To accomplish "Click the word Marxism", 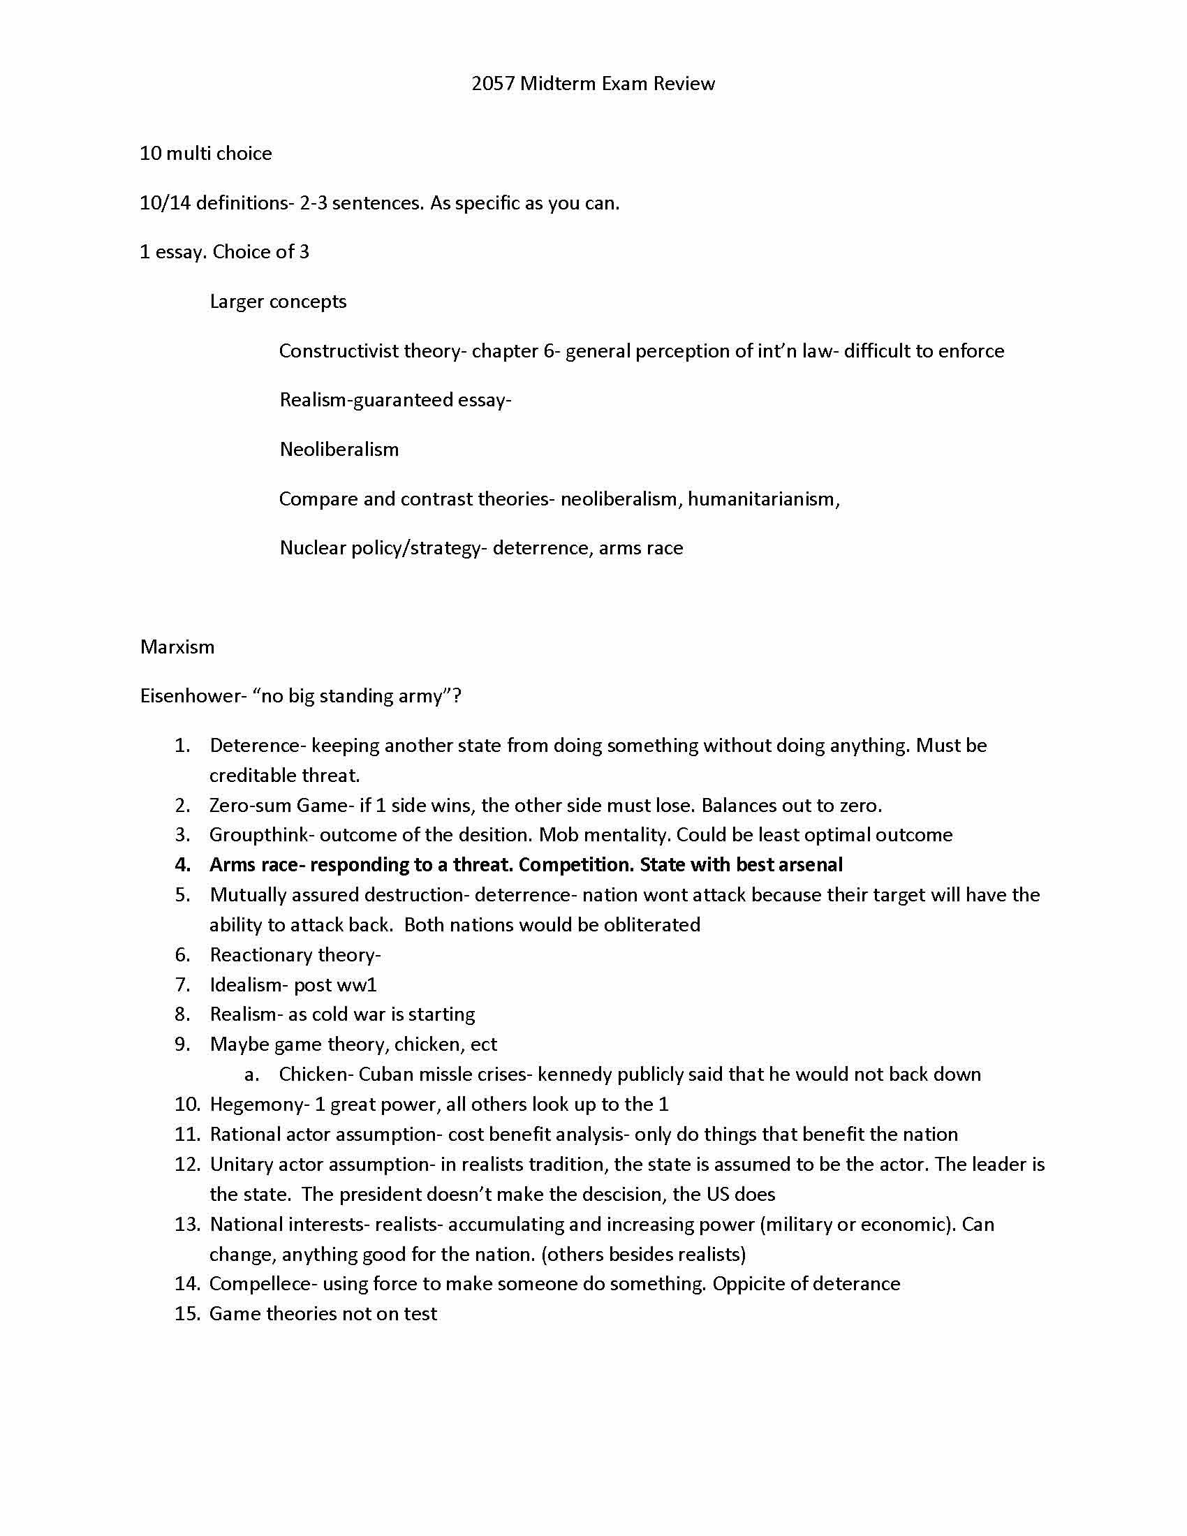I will coord(177,647).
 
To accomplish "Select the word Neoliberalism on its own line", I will coord(339,450).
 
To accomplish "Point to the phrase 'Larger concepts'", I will coord(278,302).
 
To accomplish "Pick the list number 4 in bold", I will coord(182,864).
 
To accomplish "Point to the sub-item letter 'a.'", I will coord(252,1075).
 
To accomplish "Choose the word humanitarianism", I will coord(762,499).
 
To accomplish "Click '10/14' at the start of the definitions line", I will coord(165,203).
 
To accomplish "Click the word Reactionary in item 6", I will coord(260,954).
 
